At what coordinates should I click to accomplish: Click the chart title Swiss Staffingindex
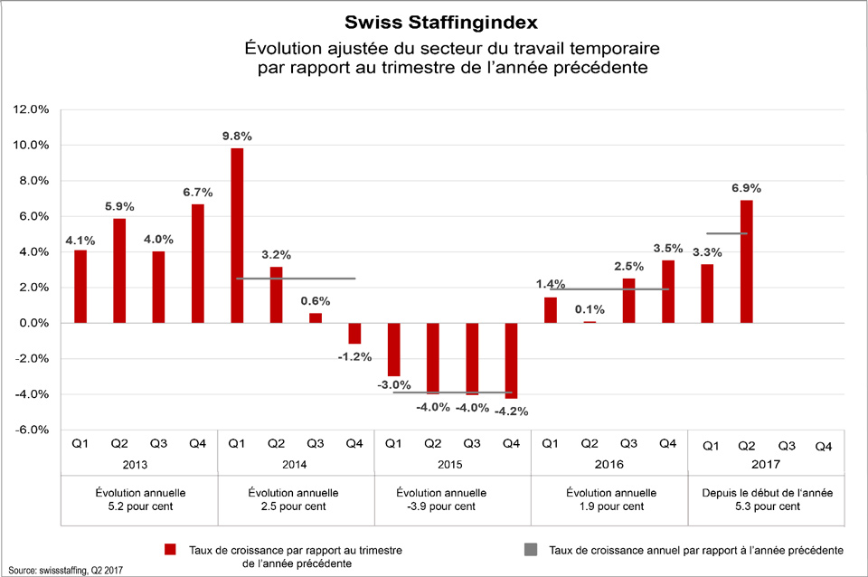434,20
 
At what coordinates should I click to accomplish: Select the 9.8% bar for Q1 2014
237,235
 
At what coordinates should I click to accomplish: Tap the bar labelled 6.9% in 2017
746,261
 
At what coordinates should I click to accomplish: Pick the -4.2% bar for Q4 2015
511,360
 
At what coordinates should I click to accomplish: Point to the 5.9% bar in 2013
119,270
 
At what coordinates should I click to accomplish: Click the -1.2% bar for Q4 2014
354,334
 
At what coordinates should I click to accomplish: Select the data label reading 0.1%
589,308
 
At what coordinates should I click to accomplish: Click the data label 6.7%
197,192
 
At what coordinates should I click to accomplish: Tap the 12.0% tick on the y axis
30,109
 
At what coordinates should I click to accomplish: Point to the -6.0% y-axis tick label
30,430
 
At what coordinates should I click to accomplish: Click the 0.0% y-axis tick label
32,323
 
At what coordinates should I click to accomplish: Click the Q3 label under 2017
786,446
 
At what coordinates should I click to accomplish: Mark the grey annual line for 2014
295,279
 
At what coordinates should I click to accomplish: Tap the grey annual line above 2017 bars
727,234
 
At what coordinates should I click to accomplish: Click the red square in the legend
168,549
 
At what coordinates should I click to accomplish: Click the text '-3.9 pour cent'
452,507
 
